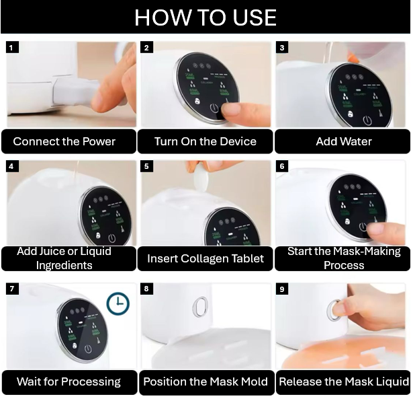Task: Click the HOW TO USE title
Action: click(x=205, y=17)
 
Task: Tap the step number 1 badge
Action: click(x=11, y=48)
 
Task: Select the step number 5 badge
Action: click(x=146, y=166)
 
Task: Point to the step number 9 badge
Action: click(x=282, y=289)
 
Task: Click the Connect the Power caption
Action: click(x=64, y=141)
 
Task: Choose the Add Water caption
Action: click(x=344, y=141)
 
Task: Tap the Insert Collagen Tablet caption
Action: click(x=205, y=258)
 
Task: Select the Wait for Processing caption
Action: click(x=68, y=381)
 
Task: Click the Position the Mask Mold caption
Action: click(x=205, y=381)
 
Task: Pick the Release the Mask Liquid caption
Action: click(x=344, y=381)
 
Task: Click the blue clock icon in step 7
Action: click(x=118, y=303)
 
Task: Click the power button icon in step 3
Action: click(x=367, y=120)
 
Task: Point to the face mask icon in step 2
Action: click(x=198, y=101)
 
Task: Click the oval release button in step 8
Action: click(x=200, y=307)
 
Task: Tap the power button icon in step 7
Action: click(x=88, y=349)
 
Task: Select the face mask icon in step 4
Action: click(x=98, y=235)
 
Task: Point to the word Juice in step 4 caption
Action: click(x=53, y=252)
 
